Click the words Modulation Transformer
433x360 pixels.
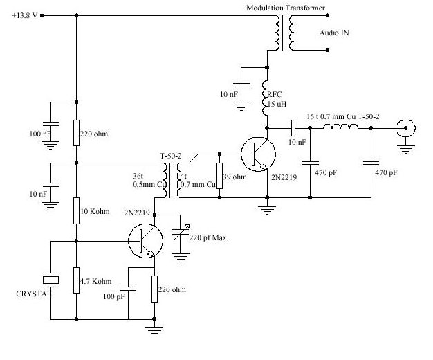click(x=286, y=8)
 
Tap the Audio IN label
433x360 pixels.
click(x=334, y=33)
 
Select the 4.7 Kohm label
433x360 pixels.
click(x=102, y=282)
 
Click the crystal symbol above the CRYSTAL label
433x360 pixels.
click(x=48, y=279)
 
